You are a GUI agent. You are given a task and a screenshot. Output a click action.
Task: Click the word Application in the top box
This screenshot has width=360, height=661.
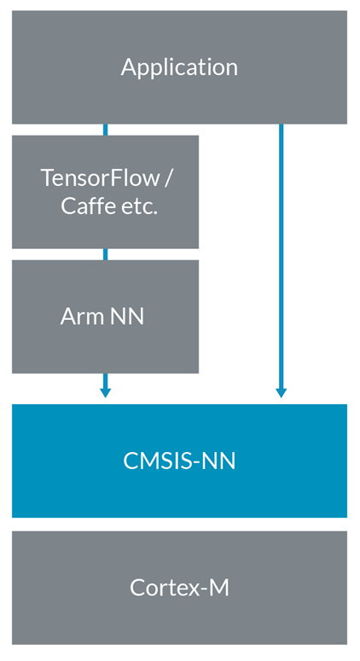click(179, 67)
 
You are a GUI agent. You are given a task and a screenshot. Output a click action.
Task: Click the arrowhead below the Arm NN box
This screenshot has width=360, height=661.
click(105, 391)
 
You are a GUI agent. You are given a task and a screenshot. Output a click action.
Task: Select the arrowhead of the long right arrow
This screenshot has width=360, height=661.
click(281, 391)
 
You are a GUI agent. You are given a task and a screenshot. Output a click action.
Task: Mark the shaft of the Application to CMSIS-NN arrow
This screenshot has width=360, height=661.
click(281, 256)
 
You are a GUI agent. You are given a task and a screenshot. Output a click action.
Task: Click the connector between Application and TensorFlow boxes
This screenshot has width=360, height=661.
click(105, 130)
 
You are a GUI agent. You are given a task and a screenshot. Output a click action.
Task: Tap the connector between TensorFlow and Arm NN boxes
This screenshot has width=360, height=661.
click(105, 254)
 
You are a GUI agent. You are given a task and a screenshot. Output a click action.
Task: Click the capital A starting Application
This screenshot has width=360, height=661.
click(128, 67)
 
